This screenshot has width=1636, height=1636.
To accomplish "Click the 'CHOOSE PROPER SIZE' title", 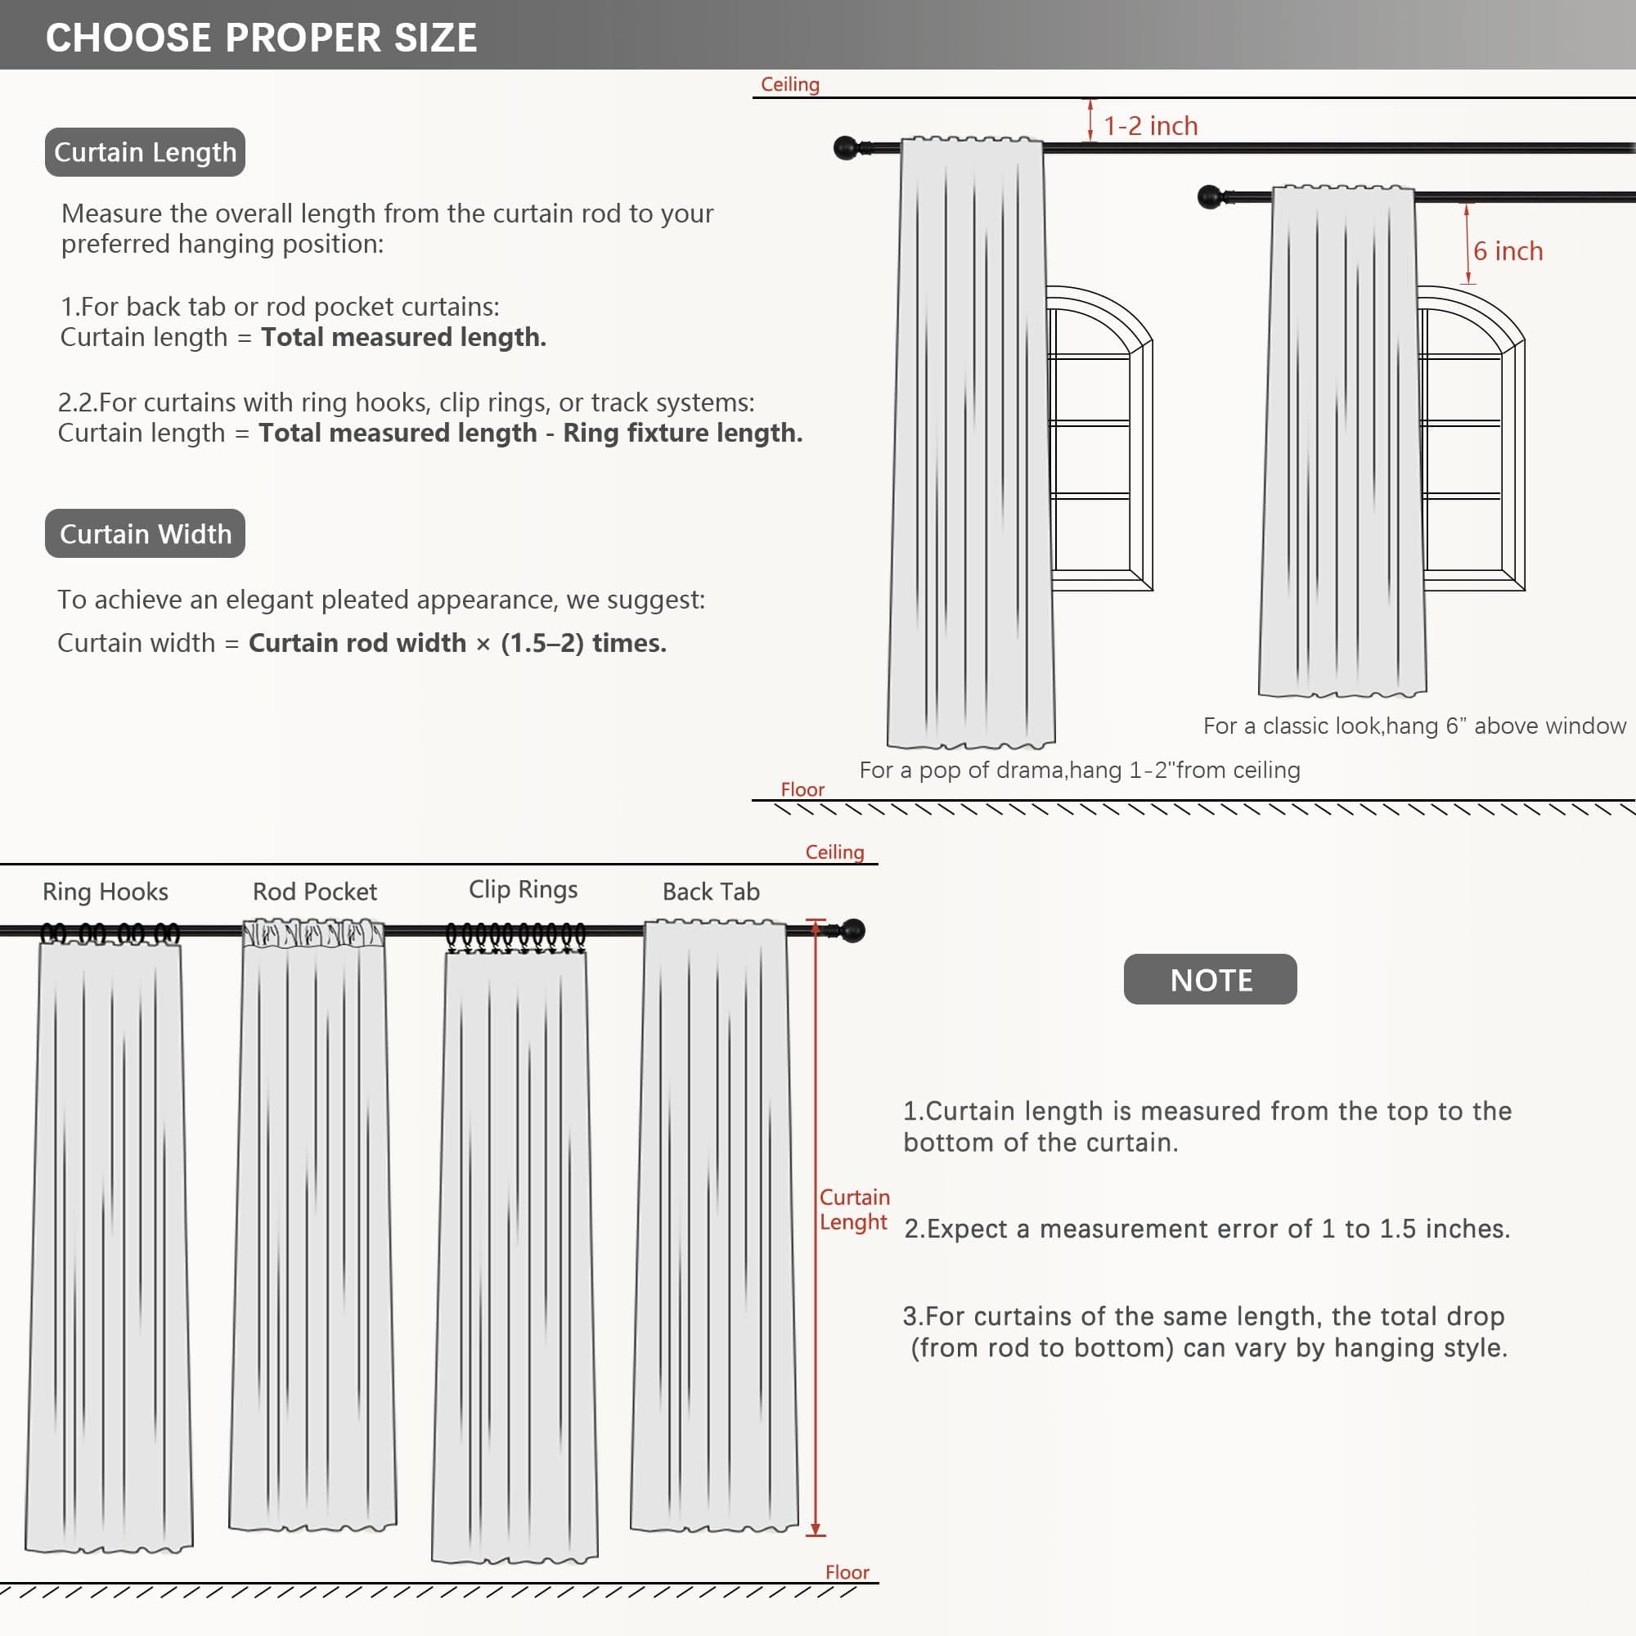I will coord(261,38).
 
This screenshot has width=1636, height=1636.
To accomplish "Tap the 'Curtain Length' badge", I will coord(145,152).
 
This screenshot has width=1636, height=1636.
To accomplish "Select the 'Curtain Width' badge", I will coord(145,533).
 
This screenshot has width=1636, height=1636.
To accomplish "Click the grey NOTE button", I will coord(1210,980).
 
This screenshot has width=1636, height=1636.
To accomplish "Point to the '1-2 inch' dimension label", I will coord(1150,126).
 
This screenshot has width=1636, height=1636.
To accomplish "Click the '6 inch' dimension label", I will coord(1508,251).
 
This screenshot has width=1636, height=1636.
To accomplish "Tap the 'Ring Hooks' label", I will coord(105,892).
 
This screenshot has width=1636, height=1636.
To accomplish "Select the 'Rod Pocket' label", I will coord(314,892).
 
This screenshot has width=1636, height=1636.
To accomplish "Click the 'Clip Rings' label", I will coord(523,889).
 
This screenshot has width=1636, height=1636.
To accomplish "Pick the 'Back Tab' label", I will coord(711,892).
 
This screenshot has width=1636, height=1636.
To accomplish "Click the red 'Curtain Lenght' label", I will coord(853,1209).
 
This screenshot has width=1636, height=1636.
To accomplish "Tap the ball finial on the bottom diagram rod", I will coord(852,931).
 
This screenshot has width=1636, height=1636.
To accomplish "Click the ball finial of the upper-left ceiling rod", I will coord(845,148).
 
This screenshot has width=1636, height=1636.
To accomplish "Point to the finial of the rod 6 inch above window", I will coord(1209,197).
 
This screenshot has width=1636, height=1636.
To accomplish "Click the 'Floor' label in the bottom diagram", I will coord(847,1572).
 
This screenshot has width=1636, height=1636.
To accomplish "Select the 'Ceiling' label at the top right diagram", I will coord(789,85).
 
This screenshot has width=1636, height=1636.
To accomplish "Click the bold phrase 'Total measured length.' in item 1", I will coord(403,337).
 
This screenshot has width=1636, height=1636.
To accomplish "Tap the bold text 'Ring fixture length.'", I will coord(682,433).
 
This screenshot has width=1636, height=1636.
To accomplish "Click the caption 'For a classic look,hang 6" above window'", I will coord(1414,726).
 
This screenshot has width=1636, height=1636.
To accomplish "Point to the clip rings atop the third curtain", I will coord(515,936).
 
